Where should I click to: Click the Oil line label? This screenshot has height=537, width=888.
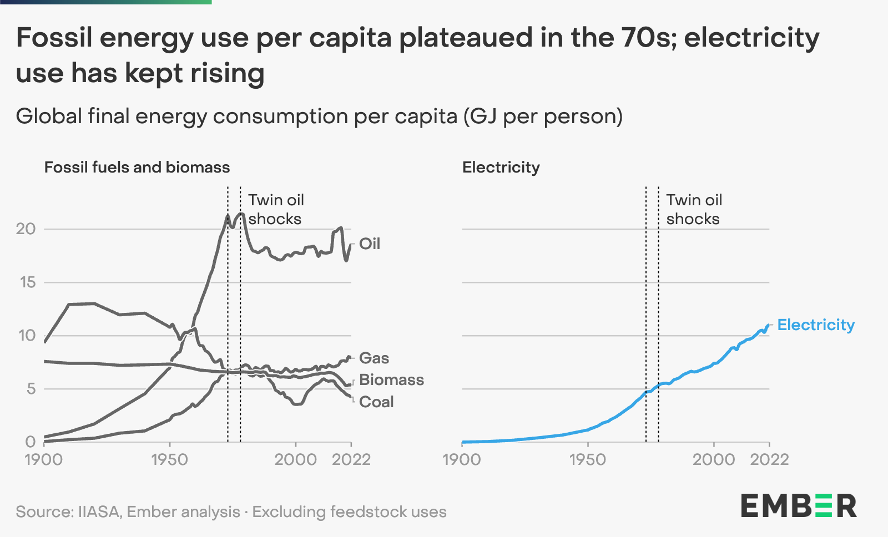pyautogui.click(x=370, y=244)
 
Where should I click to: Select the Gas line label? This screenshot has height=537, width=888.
pyautogui.click(x=374, y=358)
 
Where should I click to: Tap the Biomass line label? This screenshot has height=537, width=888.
pyautogui.click(x=391, y=380)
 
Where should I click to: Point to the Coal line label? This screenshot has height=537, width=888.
pyautogui.click(x=376, y=402)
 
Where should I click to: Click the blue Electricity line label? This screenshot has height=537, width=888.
pyautogui.click(x=816, y=325)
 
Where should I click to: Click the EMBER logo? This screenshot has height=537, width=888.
pyautogui.click(x=799, y=505)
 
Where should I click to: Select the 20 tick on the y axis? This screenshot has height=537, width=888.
pyautogui.click(x=26, y=229)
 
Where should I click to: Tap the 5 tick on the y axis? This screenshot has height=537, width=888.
pyautogui.click(x=31, y=389)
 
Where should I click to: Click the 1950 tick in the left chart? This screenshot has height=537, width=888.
pyautogui.click(x=170, y=460)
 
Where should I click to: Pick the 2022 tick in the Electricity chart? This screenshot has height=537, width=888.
pyautogui.click(x=769, y=460)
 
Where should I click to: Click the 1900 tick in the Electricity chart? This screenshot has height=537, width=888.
pyautogui.click(x=462, y=460)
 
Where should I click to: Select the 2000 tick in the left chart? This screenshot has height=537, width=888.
pyautogui.click(x=296, y=460)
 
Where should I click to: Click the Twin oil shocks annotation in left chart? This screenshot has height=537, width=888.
pyautogui.click(x=275, y=209)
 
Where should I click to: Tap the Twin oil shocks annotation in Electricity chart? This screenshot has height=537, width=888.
pyautogui.click(x=694, y=209)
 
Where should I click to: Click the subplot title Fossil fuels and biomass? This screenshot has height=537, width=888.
pyautogui.click(x=137, y=168)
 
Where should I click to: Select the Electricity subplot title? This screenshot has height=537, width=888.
pyautogui.click(x=501, y=168)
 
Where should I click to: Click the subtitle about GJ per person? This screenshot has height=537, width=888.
pyautogui.click(x=319, y=116)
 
